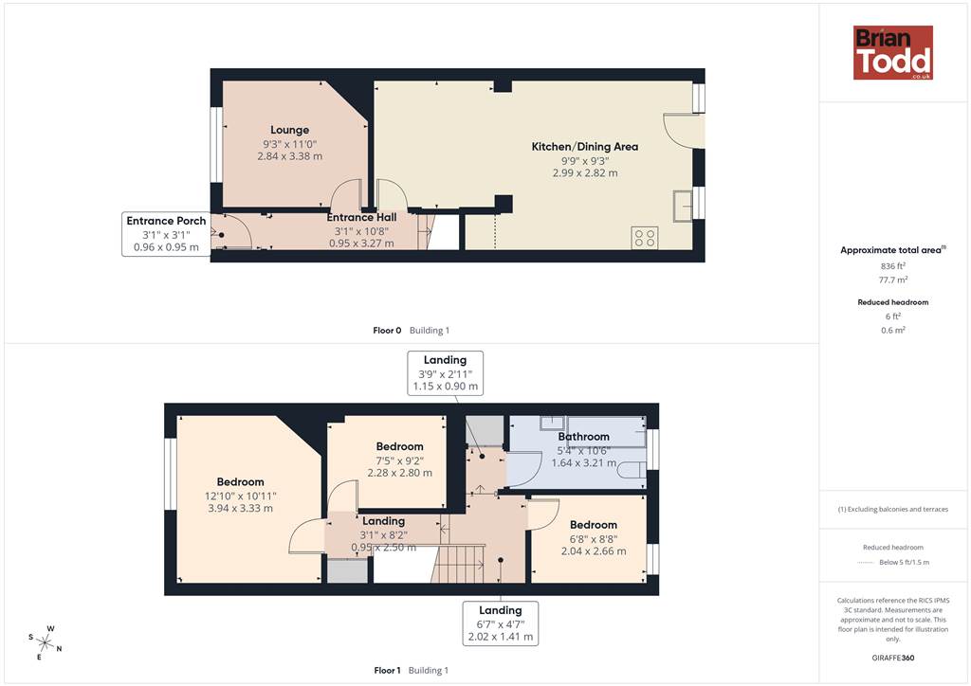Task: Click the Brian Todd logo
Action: click(893, 52)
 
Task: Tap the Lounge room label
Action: click(290, 130)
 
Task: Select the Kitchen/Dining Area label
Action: click(584, 147)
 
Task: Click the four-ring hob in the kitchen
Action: click(645, 238)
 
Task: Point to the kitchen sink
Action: click(683, 206)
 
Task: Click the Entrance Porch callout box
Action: click(166, 234)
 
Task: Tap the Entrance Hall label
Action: click(361, 217)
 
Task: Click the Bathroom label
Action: click(583, 437)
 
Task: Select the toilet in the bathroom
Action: click(632, 470)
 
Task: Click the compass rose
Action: click(46, 642)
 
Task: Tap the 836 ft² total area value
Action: click(893, 266)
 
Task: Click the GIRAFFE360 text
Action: click(893, 658)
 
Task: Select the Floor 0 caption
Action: click(387, 331)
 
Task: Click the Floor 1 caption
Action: click(387, 670)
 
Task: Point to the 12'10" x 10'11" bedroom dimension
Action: click(240, 496)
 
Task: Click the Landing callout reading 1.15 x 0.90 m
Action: click(446, 373)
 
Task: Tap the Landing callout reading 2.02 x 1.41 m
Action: click(501, 623)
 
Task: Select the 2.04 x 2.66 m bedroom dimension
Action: click(594, 551)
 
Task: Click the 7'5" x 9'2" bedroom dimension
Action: click(399, 460)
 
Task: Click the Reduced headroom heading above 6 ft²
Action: click(893, 302)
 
